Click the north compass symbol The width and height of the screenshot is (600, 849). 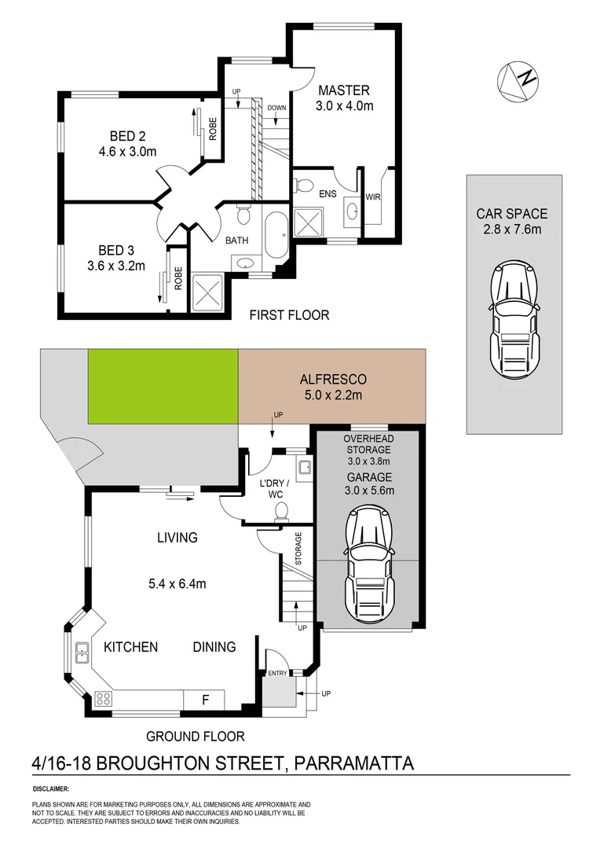(x=518, y=79)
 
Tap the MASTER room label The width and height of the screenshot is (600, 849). (x=343, y=90)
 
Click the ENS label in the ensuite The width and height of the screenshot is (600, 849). (x=327, y=193)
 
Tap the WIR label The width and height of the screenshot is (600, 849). (x=373, y=197)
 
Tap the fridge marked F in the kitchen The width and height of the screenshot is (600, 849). (x=204, y=699)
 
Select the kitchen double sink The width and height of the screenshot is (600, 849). (x=81, y=651)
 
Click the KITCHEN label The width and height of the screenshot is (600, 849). (x=131, y=647)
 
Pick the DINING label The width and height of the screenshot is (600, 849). (x=214, y=647)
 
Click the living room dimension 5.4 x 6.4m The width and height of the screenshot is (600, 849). (x=177, y=583)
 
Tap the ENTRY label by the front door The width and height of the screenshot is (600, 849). (x=277, y=674)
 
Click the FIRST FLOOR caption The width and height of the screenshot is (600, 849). (x=289, y=315)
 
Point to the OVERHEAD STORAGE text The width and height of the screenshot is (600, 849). (x=369, y=444)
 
